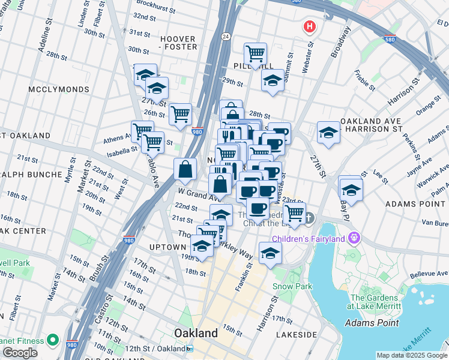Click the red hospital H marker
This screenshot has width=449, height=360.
[310, 27]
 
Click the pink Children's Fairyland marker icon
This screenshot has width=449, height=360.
[354, 239]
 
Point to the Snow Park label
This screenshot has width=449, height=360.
[292, 286]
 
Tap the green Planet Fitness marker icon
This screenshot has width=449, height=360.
[53, 341]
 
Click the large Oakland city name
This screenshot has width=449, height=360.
[195, 333]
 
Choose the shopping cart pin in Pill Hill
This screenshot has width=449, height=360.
[256, 54]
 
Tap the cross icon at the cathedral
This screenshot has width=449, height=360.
[309, 217]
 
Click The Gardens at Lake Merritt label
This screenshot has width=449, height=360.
[375, 302]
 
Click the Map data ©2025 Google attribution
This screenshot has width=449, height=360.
[412, 355]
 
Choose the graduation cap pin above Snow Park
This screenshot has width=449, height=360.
[271, 253]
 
